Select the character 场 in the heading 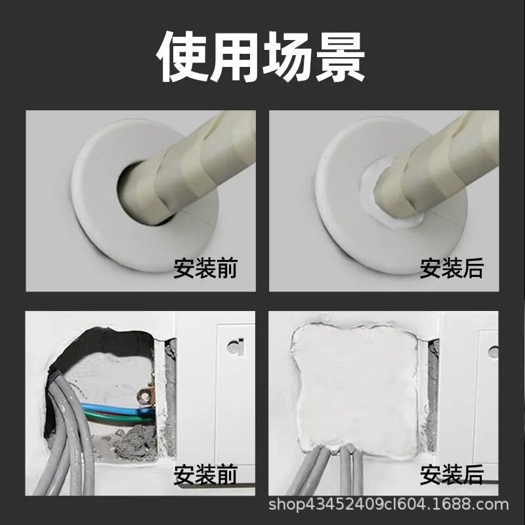tap(289, 57)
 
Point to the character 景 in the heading tap(340, 57)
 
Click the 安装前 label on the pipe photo tap(205, 268)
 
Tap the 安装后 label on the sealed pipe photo tap(451, 268)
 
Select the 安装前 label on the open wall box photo tap(205, 474)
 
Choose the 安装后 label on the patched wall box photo tap(451, 474)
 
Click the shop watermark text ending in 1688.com tap(390, 505)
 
